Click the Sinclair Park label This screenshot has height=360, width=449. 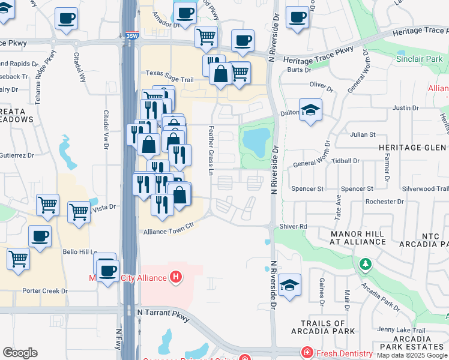(x=420, y=59)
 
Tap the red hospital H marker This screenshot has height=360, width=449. (x=176, y=277)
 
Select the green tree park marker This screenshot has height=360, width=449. (x=365, y=263)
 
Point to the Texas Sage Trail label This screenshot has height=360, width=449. (x=169, y=80)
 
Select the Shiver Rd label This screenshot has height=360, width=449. (x=294, y=226)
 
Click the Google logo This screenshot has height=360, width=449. (x=20, y=353)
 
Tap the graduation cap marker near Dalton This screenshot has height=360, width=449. (x=310, y=110)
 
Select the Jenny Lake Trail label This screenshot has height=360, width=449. (x=401, y=330)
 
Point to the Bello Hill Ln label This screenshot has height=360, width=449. (x=82, y=253)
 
